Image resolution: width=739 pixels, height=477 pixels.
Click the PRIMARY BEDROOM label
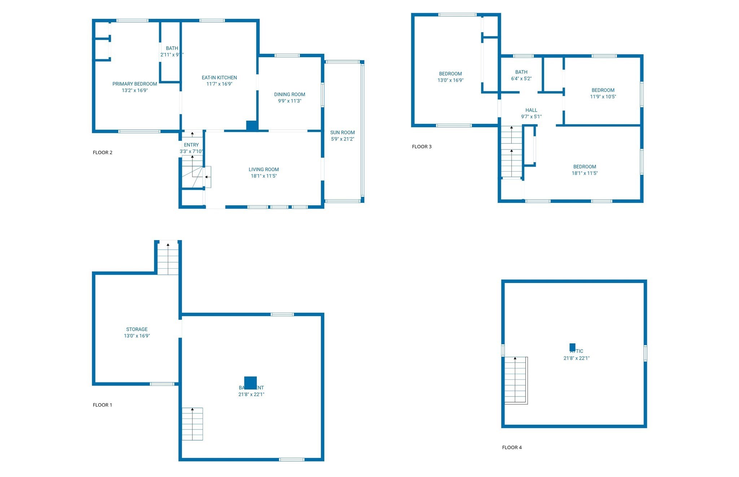pyautogui.click(x=135, y=84)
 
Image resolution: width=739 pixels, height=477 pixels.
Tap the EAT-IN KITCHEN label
pyautogui.click(x=219, y=78)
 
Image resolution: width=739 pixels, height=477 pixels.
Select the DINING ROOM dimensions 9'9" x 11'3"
pyautogui.click(x=289, y=101)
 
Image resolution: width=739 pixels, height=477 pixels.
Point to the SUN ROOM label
pyautogui.click(x=342, y=133)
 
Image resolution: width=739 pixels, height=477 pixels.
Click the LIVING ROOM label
pyautogui.click(x=263, y=169)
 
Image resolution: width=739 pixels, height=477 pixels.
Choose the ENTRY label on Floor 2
pyautogui.click(x=191, y=145)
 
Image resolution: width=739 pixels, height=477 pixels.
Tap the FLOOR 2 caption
pyautogui.click(x=102, y=152)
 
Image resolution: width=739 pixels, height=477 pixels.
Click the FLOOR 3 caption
pyautogui.click(x=421, y=147)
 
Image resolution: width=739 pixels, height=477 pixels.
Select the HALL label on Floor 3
pyautogui.click(x=531, y=110)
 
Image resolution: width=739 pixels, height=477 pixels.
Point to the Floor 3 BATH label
pyautogui.click(x=521, y=72)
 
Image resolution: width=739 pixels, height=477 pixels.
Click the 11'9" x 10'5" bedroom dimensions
pyautogui.click(x=603, y=97)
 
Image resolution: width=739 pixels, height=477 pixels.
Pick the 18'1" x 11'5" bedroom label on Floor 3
pyautogui.click(x=585, y=167)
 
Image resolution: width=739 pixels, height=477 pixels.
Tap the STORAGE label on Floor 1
pyautogui.click(x=137, y=329)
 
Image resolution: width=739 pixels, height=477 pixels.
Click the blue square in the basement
pyautogui.click(x=250, y=382)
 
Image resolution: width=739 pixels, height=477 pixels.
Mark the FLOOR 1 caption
pyautogui.click(x=102, y=405)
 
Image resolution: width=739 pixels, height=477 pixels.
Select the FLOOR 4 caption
pyautogui.click(x=512, y=447)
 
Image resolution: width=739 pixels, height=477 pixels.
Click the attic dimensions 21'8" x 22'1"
pyautogui.click(x=576, y=358)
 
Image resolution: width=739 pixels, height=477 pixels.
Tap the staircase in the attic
pyautogui.click(x=516, y=380)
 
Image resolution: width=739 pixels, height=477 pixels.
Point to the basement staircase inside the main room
pyautogui.click(x=192, y=424)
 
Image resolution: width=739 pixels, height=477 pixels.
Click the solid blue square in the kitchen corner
pyautogui.click(x=252, y=126)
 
